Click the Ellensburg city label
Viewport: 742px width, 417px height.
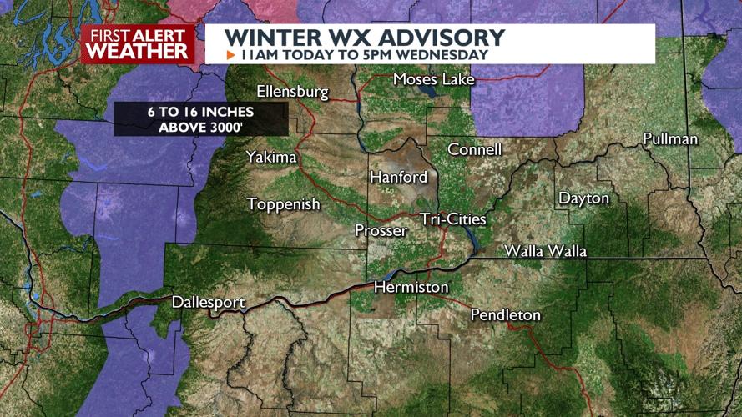pos(293,92)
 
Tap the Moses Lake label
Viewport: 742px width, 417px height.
pos(433,79)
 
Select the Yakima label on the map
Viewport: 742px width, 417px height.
pos(271,157)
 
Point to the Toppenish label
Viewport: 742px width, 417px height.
pos(284,204)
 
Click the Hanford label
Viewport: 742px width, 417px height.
pos(398,177)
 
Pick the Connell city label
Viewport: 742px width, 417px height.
pos(475,149)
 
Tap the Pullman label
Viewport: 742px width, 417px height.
pos(670,139)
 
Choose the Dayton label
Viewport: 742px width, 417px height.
pos(583,198)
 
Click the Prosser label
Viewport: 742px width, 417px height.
pos(381,230)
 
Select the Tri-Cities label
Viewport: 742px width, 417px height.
pos(453,219)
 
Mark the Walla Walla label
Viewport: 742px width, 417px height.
pos(545,251)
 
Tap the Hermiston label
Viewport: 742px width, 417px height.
pos(411,288)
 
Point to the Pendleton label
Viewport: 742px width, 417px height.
pos(505,315)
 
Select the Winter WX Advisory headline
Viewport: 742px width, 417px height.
pos(366,38)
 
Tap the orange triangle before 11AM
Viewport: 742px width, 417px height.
pos(231,55)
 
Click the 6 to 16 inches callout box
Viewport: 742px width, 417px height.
pos(200,119)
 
